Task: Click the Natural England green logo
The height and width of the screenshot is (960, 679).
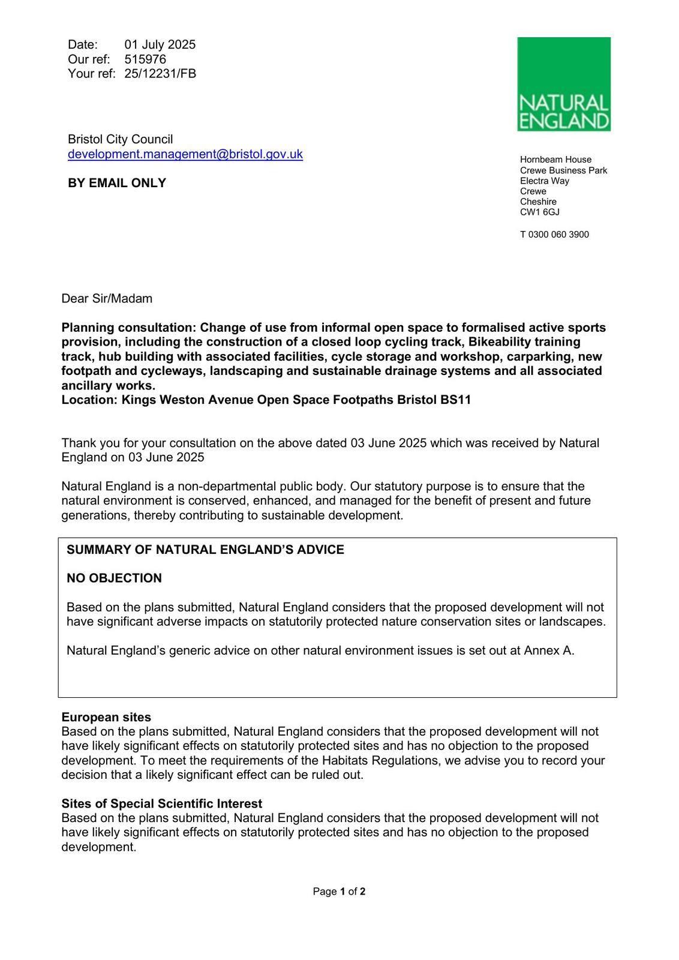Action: click(x=564, y=84)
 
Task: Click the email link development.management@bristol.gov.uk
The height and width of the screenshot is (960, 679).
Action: click(x=185, y=154)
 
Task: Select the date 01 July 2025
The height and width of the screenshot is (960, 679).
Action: click(x=160, y=44)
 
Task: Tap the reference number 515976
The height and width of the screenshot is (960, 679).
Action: click(x=145, y=59)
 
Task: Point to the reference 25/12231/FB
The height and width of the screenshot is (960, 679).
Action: click(x=160, y=73)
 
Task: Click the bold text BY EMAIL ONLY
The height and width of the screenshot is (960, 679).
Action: click(x=117, y=183)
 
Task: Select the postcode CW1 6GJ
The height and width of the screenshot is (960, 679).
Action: click(x=540, y=212)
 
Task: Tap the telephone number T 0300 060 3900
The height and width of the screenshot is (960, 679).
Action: click(x=554, y=235)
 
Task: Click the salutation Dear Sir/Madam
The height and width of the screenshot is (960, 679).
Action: click(x=107, y=299)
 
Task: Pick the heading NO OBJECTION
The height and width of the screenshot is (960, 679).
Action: click(x=114, y=578)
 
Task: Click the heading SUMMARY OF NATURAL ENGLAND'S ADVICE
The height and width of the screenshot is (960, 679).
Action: click(x=205, y=550)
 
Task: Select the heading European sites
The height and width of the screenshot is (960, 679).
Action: click(x=106, y=718)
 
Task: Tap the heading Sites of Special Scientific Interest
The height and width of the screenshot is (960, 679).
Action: click(x=162, y=804)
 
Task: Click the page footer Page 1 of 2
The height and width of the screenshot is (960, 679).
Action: click(x=339, y=892)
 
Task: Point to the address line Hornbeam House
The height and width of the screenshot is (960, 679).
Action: click(x=555, y=160)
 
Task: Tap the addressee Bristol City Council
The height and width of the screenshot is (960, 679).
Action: click(x=120, y=140)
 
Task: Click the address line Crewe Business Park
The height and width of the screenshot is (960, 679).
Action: click(x=563, y=170)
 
